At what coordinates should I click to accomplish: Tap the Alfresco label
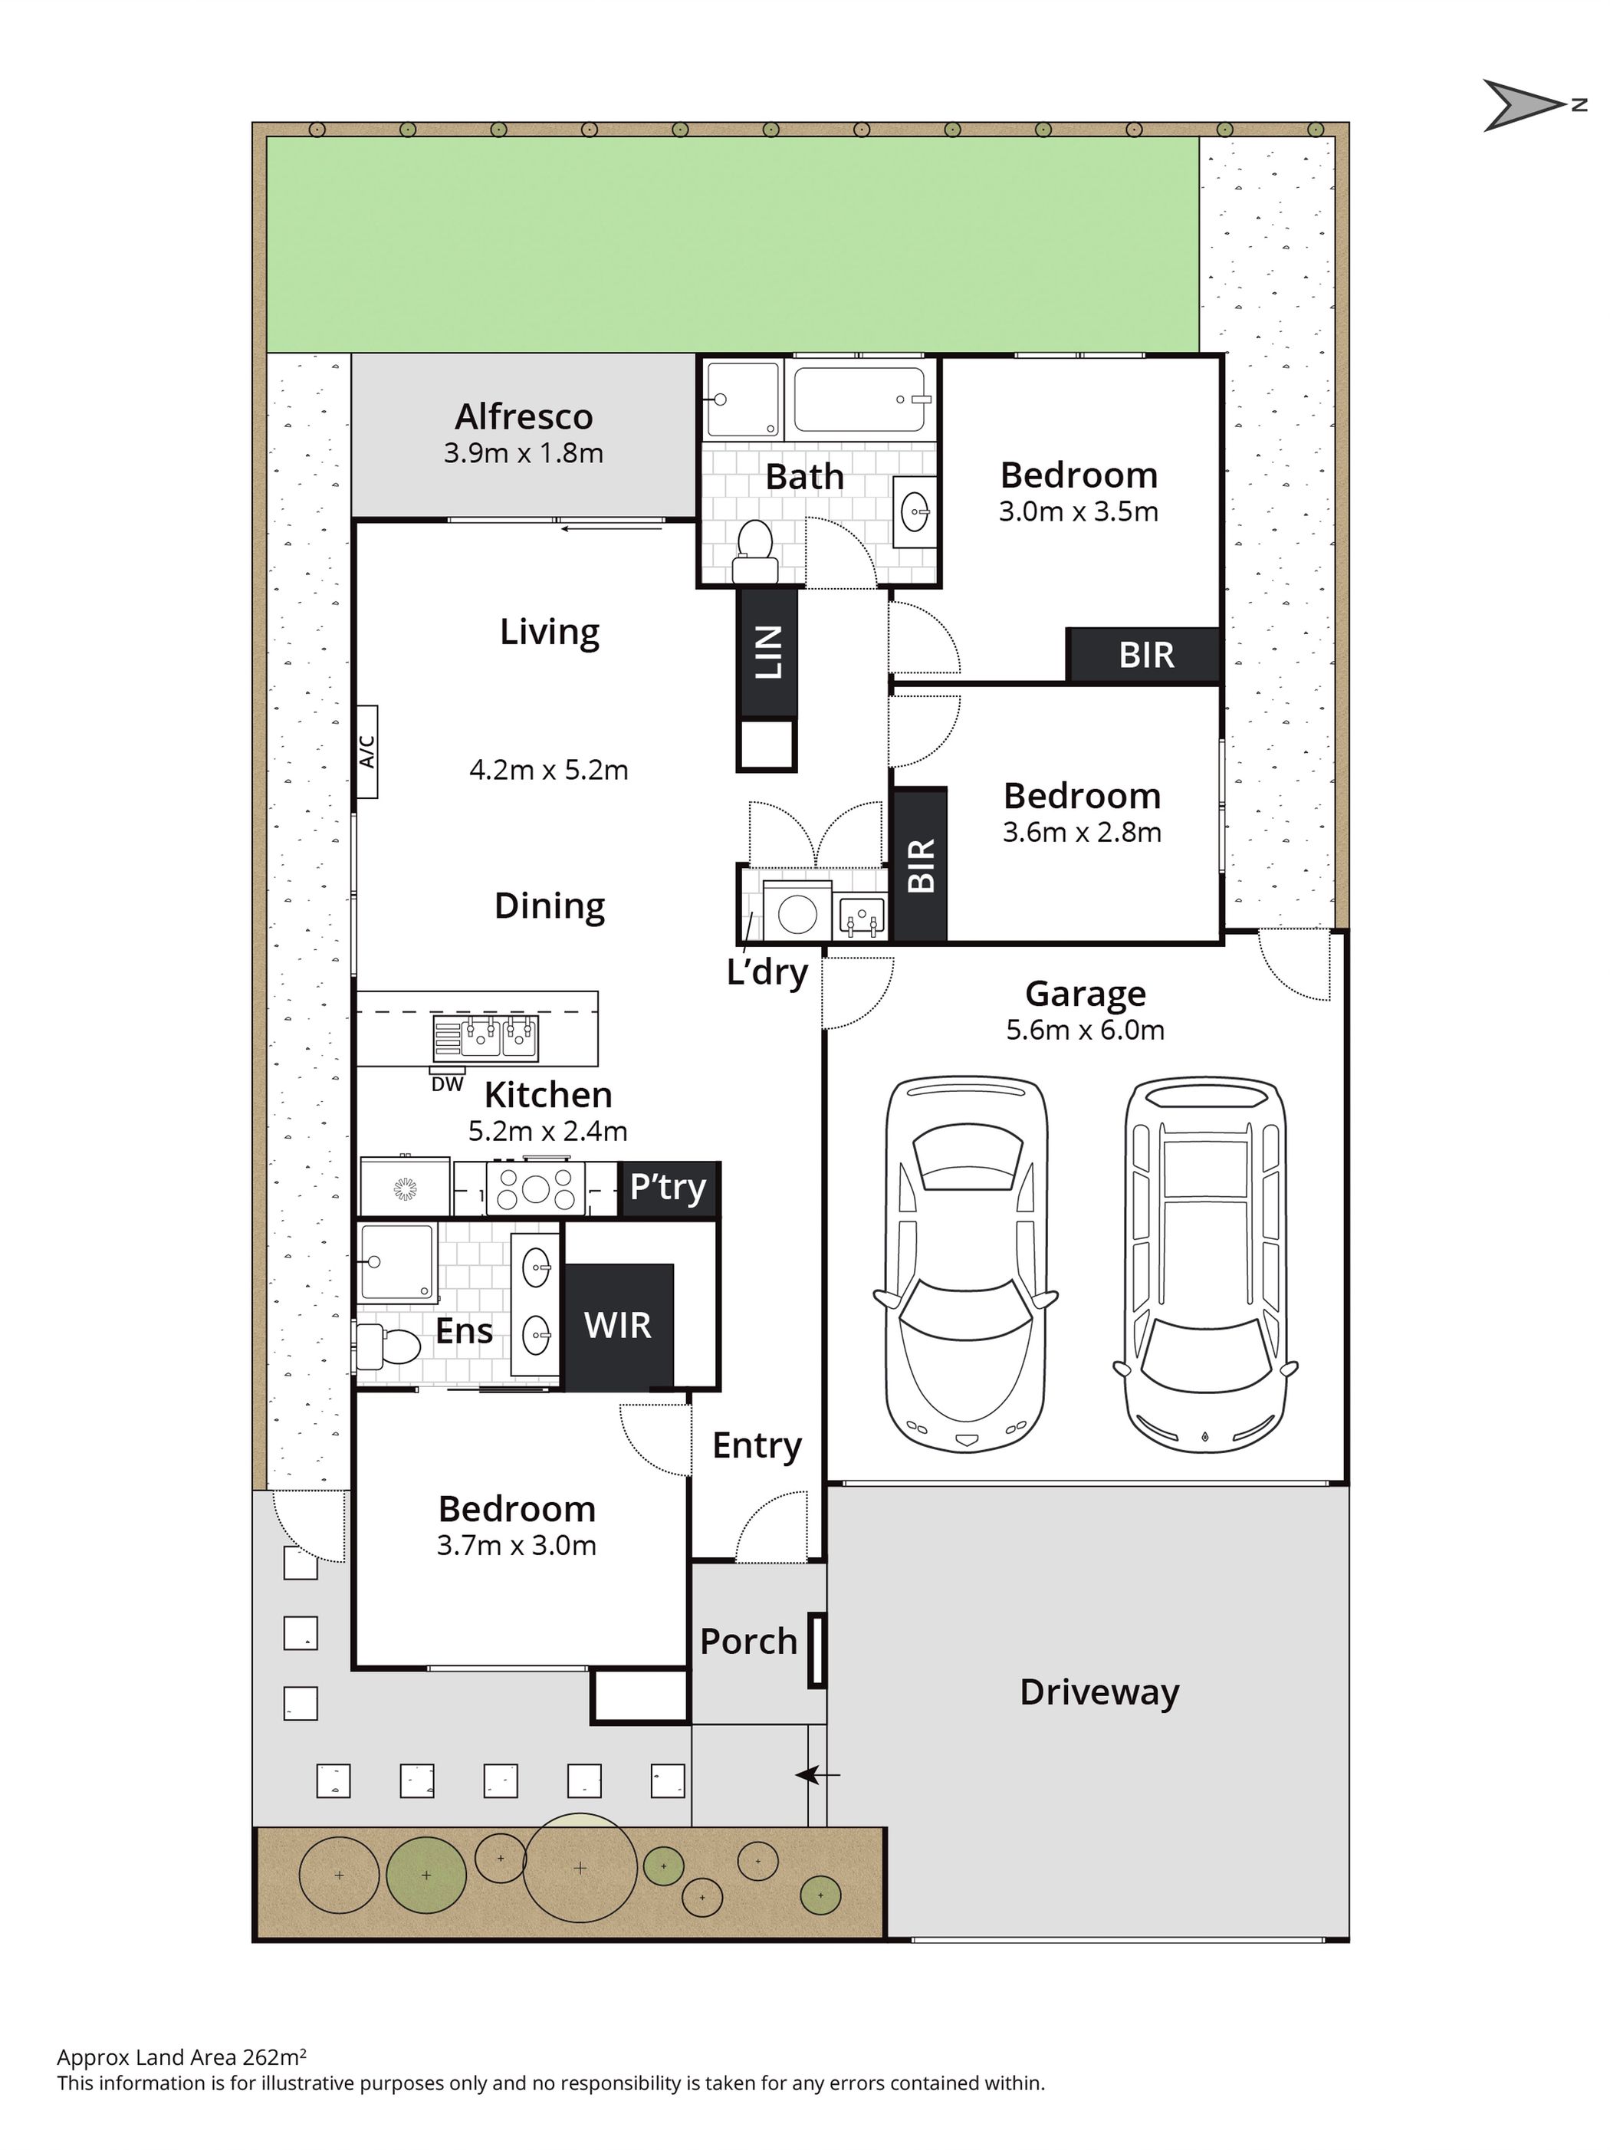[x=524, y=417]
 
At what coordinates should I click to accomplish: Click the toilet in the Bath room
[x=753, y=551]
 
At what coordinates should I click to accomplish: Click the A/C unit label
[x=366, y=751]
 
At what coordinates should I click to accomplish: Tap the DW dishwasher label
[x=447, y=1083]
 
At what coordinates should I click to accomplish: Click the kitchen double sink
[x=499, y=1037]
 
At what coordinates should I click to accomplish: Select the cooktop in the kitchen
[x=535, y=1188]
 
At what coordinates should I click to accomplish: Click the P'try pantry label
[x=668, y=1187]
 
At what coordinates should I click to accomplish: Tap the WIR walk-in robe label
[x=618, y=1325]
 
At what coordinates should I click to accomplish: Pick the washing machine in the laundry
[x=797, y=909]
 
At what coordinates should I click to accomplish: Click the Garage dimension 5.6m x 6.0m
[x=1086, y=1029]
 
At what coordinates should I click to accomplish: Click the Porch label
[x=748, y=1642]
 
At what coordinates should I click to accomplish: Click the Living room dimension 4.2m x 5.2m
[x=549, y=770]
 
